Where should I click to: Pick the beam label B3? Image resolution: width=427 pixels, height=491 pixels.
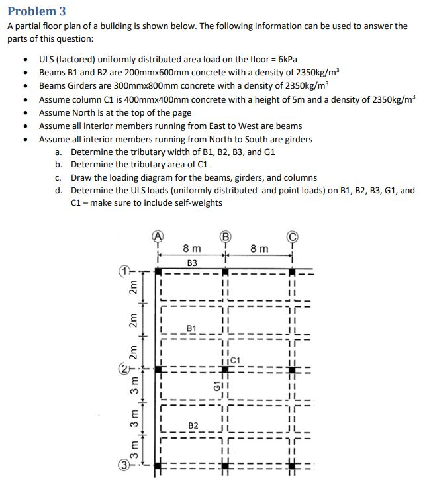click(x=192, y=263)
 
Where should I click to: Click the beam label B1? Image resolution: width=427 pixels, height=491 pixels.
click(x=191, y=328)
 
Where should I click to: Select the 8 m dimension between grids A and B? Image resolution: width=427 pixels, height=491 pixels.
click(x=192, y=249)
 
